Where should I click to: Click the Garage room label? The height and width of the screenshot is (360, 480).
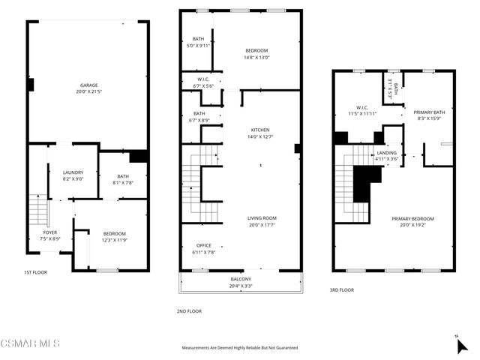[x=89, y=85]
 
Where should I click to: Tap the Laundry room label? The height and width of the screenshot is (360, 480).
[x=73, y=172]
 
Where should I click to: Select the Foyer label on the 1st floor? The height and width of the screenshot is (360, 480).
[x=49, y=232]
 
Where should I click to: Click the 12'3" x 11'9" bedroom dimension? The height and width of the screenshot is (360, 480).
[x=115, y=240]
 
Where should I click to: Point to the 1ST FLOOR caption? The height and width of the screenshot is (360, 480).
[x=34, y=272]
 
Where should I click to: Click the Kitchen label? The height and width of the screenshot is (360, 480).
[x=260, y=129]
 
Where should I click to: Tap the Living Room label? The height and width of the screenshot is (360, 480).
[x=262, y=217]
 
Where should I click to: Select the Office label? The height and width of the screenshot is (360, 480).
[x=204, y=245]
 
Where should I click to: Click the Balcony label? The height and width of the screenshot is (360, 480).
[x=241, y=279]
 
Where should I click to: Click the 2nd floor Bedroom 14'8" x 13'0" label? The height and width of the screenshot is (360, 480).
[x=256, y=50]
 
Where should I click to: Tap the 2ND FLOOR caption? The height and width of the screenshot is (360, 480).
[x=188, y=311]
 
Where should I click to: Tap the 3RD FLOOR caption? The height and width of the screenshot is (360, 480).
[x=341, y=289]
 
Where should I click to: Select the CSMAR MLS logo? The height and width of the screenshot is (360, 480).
[x=30, y=343]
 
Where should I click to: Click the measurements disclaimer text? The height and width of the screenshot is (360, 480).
[x=240, y=348]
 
